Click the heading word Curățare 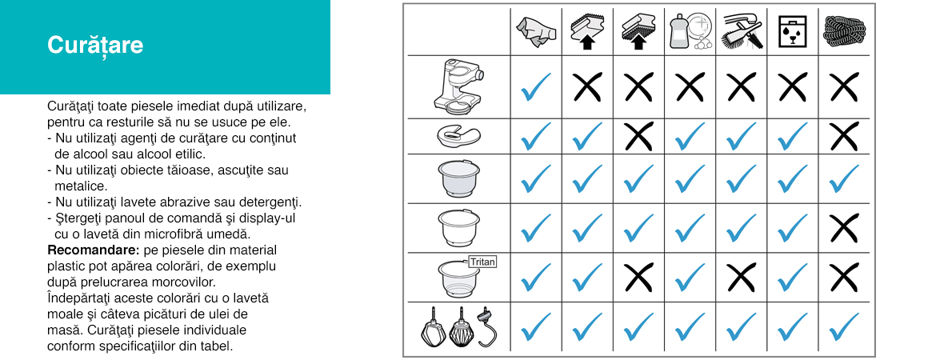[x=95, y=45]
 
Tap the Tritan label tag [x=483, y=262]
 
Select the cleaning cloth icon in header [x=535, y=32]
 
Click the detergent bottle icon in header [x=690, y=32]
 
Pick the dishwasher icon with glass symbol [x=793, y=32]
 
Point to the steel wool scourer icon [x=843, y=32]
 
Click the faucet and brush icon [x=742, y=32]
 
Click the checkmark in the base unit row [x=535, y=87]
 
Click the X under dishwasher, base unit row [x=793, y=87]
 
